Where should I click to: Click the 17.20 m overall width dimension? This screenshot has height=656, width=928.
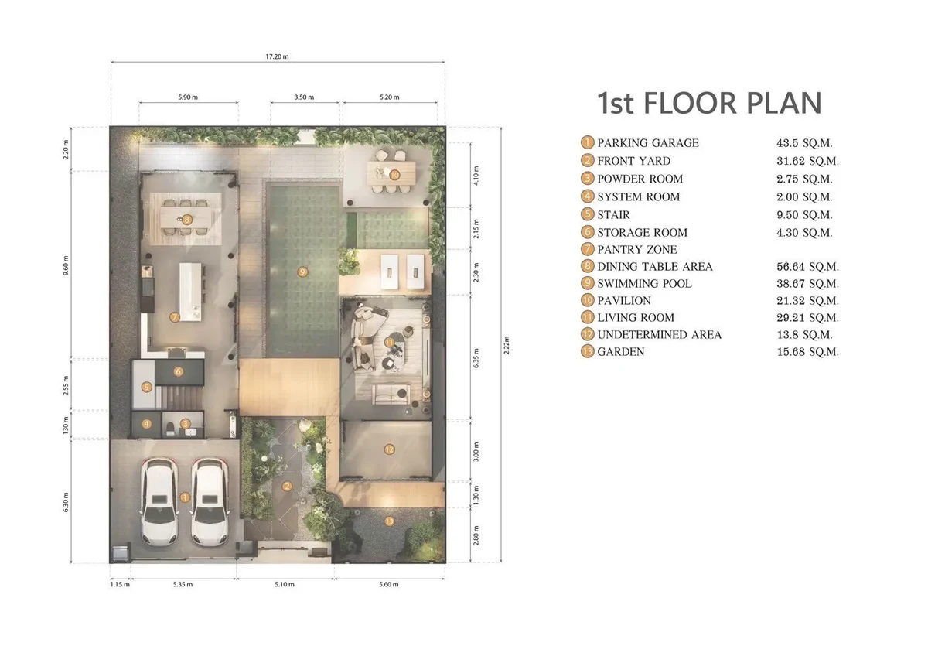pyautogui.click(x=277, y=56)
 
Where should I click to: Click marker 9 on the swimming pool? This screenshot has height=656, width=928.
pyautogui.click(x=302, y=272)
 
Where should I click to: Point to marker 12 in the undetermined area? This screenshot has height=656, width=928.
pyautogui.click(x=389, y=449)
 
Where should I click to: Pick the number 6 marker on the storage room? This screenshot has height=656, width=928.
pyautogui.click(x=179, y=371)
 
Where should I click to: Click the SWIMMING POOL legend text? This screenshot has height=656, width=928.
pyautogui.click(x=644, y=283)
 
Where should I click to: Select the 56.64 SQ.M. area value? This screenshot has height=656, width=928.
pyautogui.click(x=807, y=266)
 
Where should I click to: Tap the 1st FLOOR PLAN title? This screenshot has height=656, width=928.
pyautogui.click(x=709, y=103)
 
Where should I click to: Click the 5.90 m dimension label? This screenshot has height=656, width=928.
pyautogui.click(x=188, y=97)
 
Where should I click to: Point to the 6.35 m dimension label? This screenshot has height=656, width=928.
pyautogui.click(x=476, y=357)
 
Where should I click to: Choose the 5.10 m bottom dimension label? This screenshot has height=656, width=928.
pyautogui.click(x=285, y=584)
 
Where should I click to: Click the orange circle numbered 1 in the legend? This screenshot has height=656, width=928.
pyautogui.click(x=587, y=142)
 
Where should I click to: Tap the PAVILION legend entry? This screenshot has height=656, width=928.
pyautogui.click(x=624, y=300)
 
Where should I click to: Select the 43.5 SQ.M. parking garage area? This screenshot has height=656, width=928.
pyautogui.click(x=804, y=143)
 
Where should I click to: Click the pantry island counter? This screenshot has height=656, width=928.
pyautogui.click(x=190, y=292)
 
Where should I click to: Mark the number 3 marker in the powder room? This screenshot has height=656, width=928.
pyautogui.click(x=185, y=423)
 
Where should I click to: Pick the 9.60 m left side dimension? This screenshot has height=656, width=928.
pyautogui.click(x=66, y=265)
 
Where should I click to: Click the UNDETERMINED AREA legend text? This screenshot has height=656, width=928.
pyautogui.click(x=659, y=334)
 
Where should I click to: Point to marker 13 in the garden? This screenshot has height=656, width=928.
pyautogui.click(x=389, y=521)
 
